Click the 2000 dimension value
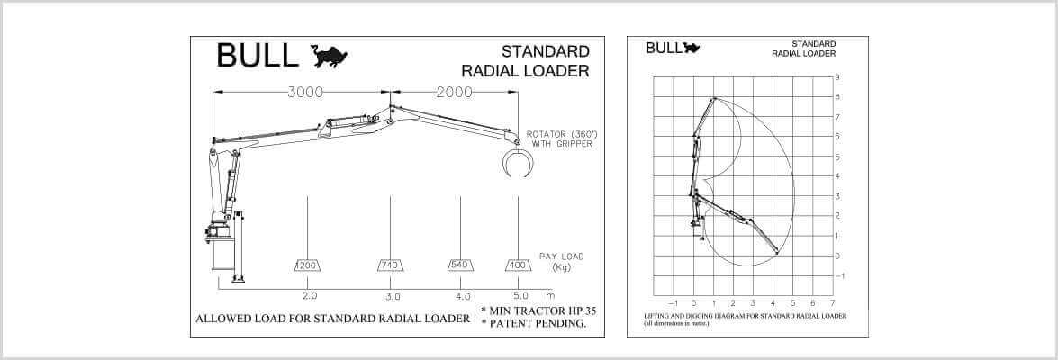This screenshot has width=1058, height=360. click(454, 92)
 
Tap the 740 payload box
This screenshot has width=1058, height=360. click(390, 265)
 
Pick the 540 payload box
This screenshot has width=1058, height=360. click(460, 265)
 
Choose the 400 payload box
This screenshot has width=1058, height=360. click(518, 265)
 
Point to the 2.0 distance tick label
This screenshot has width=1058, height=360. click(309, 296)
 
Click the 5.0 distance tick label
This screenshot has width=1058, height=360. click(520, 296)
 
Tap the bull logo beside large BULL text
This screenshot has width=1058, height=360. click(329, 57)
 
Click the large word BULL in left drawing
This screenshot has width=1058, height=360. click(257, 56)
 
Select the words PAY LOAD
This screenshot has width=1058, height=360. click(561, 256)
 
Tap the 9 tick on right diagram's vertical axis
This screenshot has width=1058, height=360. click(837, 77)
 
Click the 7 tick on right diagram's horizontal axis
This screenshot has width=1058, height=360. click(833, 302)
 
